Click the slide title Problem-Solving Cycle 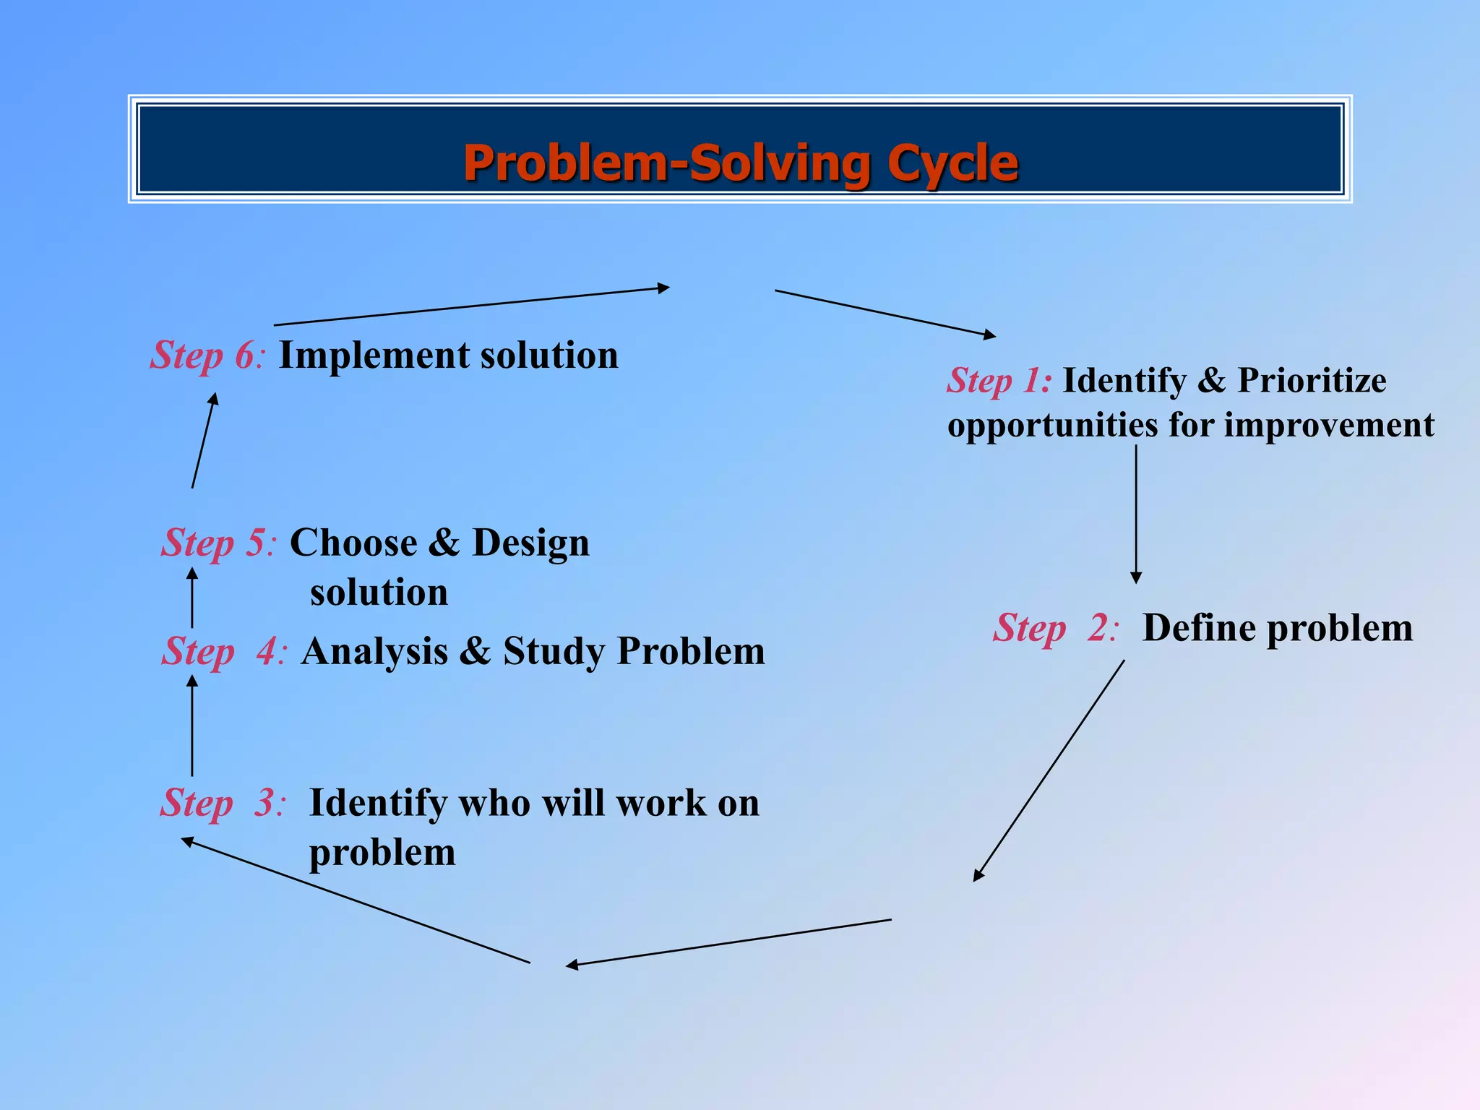coord(740,163)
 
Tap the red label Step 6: coord(207,356)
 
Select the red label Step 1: coord(999,381)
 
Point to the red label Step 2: coord(1056,628)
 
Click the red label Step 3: coord(223,803)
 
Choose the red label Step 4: coord(224,651)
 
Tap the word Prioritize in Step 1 coord(1312,381)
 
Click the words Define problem coord(1277,628)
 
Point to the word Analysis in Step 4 coord(374,652)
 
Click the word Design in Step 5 coord(530,543)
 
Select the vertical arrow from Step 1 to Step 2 coord(1136,513)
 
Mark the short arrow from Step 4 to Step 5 coord(192,598)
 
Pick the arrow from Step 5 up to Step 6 coord(204,442)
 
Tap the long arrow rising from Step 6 coord(471,306)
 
